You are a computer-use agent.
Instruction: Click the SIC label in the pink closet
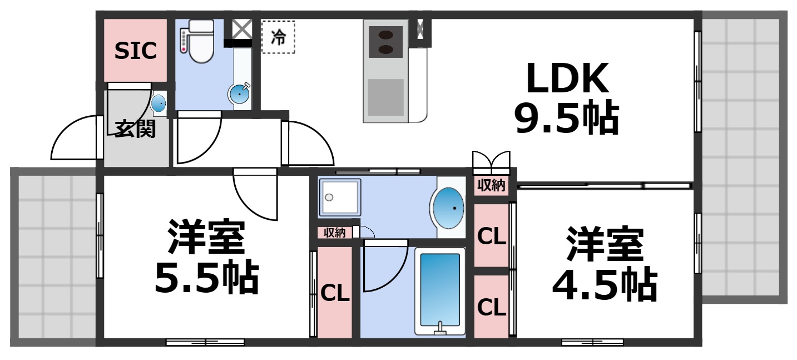point(135,51)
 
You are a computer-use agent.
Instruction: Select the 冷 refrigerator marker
point(278,37)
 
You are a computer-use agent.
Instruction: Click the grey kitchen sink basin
point(385,97)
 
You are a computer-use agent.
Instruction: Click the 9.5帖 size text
point(566,119)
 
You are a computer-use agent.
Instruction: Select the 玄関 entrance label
point(135,129)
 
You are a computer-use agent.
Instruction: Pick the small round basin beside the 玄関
point(159,103)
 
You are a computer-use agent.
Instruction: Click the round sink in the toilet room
point(239,95)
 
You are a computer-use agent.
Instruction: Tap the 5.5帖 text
point(206,278)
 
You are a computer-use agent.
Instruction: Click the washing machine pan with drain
point(339,198)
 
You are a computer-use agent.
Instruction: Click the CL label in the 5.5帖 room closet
point(335,293)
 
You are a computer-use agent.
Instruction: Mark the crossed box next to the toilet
point(241,28)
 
